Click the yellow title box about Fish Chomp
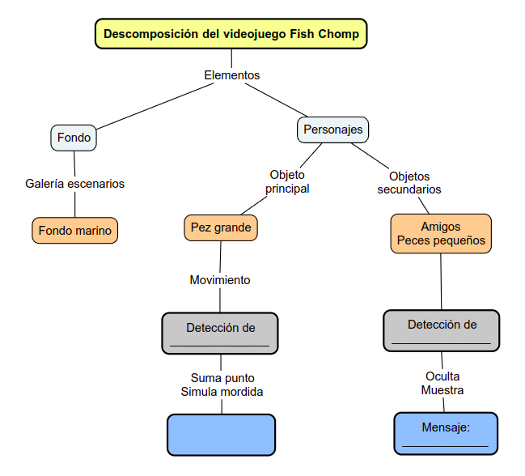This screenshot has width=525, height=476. click(231, 35)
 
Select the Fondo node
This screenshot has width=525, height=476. click(74, 138)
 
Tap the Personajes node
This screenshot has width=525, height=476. click(332, 130)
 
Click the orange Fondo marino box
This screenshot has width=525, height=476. click(75, 231)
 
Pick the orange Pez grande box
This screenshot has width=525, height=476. click(221, 228)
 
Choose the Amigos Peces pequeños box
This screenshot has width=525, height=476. click(441, 233)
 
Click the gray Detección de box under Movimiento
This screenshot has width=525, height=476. click(220, 334)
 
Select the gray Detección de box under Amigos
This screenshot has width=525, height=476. click(441, 330)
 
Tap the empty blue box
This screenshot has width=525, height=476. click(221, 435)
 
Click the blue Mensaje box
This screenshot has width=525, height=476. click(446, 433)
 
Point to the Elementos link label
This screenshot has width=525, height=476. click(231, 75)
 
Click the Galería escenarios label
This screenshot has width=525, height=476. click(75, 184)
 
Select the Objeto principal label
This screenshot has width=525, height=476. click(287, 182)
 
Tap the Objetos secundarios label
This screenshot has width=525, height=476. click(409, 183)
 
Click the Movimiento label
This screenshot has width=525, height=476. click(220, 280)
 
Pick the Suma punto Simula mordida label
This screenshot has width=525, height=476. click(222, 385)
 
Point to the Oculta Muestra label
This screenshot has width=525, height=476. click(442, 383)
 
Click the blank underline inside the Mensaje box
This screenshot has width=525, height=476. click(446, 446)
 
